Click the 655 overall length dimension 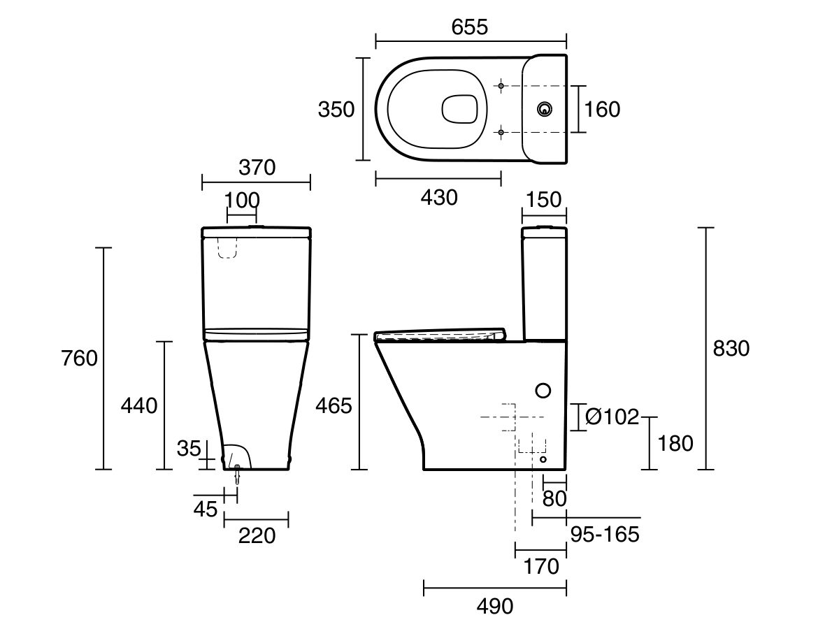(469, 27)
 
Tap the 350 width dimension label (336, 110)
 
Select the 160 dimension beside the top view (601, 109)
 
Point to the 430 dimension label (438, 198)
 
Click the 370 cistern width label (257, 168)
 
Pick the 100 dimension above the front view (242, 199)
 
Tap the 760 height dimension (78, 359)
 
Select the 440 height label (138, 405)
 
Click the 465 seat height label (334, 405)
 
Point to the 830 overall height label (731, 348)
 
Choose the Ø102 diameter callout (612, 417)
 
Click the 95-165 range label (605, 535)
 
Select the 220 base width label (256, 536)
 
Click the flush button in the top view (544, 109)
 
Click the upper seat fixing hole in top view (501, 86)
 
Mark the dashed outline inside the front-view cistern (227, 248)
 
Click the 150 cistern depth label (543, 199)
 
